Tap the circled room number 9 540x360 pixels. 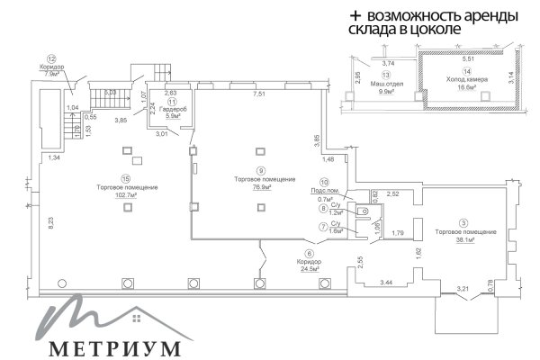click(x=260, y=171)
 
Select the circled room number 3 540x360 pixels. click(x=465, y=222)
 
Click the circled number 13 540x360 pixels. click(x=388, y=74)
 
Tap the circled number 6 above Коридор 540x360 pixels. click(x=310, y=254)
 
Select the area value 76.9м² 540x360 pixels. click(x=260, y=188)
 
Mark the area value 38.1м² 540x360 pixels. click(x=465, y=240)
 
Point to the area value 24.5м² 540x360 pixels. click(x=310, y=269)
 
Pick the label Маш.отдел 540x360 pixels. click(x=388, y=83)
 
